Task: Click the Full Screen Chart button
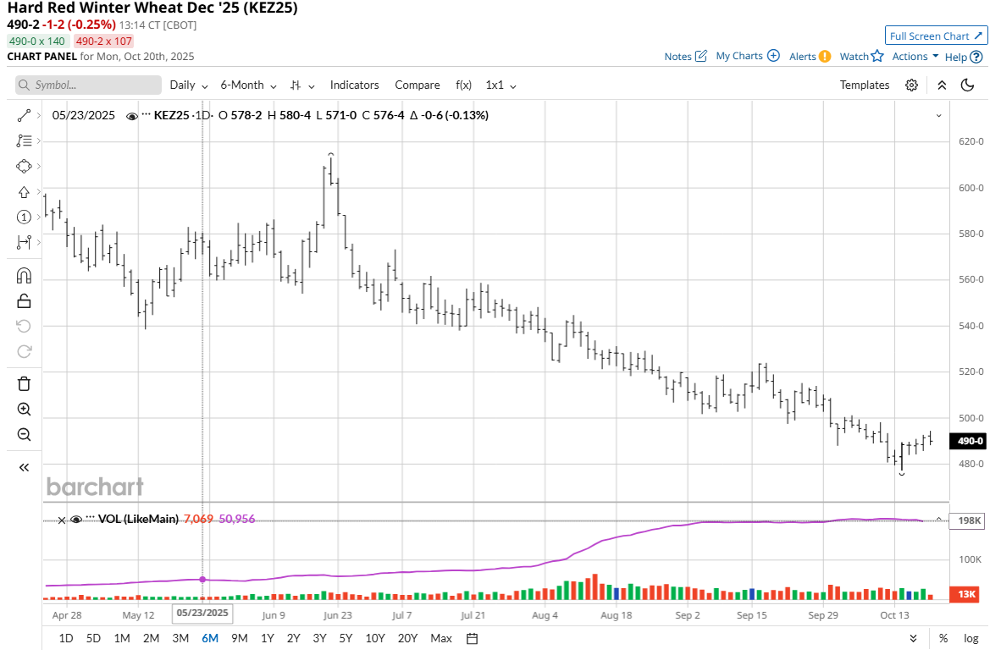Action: tap(936, 36)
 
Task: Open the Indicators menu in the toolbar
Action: tap(354, 85)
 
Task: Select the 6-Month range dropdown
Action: tap(247, 85)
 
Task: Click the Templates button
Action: tap(864, 85)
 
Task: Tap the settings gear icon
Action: tap(911, 85)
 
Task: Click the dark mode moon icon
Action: tap(968, 85)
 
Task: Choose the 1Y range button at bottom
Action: tap(267, 638)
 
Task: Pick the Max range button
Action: tap(440, 638)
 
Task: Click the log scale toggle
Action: tap(971, 638)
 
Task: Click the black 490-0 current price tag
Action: tap(969, 441)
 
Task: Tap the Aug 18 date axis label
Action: tap(616, 615)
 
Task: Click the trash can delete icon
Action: tap(24, 383)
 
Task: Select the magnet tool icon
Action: tap(24, 275)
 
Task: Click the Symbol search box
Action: tap(88, 85)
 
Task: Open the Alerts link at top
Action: tap(810, 56)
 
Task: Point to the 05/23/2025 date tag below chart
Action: tap(202, 612)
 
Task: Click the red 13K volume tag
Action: tap(967, 595)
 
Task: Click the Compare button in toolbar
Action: tap(417, 85)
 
